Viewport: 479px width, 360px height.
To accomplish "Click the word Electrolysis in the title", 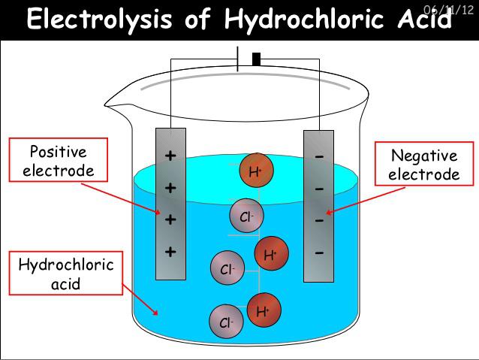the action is tap(99, 19).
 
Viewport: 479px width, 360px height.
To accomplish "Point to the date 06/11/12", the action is tap(449, 10).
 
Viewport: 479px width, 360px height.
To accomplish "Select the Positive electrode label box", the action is tap(59, 159).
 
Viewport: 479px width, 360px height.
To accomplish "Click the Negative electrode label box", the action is tap(424, 164).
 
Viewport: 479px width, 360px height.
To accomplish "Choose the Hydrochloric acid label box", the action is tap(65, 273).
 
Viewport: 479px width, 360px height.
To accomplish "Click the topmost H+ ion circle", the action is tap(256, 170).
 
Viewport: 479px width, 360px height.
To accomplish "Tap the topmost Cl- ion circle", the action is tap(246, 216).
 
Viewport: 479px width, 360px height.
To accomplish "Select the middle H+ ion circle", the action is tap(272, 253).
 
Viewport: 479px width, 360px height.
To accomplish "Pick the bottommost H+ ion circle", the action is tap(264, 310).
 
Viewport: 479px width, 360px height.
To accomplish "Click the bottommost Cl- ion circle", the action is tap(227, 322).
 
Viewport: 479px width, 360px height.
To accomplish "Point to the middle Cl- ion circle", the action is tap(227, 268).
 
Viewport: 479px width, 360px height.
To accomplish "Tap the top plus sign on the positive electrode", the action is tap(170, 156).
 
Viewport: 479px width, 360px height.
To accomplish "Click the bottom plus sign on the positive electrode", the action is tap(170, 252).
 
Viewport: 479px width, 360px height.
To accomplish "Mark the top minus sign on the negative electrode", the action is tap(319, 157).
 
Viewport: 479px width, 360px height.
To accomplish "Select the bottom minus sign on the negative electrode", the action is tap(319, 253).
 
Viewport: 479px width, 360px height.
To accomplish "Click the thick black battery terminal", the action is tap(256, 59).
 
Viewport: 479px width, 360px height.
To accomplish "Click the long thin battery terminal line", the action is tap(238, 59).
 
